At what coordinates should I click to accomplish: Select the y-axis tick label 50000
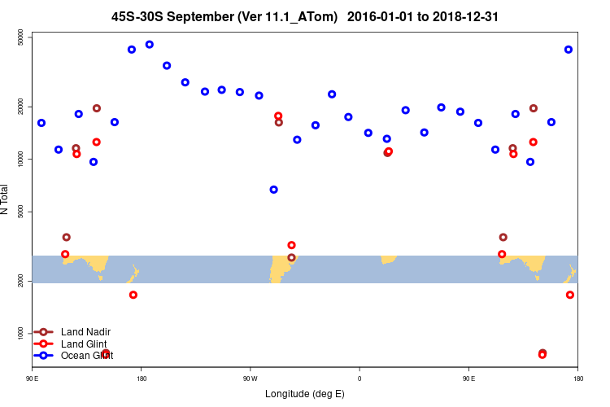pyautogui.click(x=20, y=37)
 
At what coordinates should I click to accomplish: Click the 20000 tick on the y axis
pyautogui.click(x=20, y=107)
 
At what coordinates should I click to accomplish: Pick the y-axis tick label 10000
pyautogui.click(x=20, y=160)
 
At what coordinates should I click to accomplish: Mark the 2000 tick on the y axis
pyautogui.click(x=20, y=281)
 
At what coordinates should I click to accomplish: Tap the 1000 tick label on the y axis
pyautogui.click(x=20, y=333)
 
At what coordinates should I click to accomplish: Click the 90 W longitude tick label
pyautogui.click(x=250, y=379)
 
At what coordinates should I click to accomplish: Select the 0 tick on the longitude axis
pyautogui.click(x=359, y=379)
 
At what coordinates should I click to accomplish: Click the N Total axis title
pyautogui.click(x=6, y=199)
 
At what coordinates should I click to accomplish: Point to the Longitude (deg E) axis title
pyautogui.click(x=305, y=394)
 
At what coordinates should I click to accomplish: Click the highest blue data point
pyautogui.click(x=150, y=44)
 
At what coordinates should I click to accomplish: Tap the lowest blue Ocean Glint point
pyautogui.click(x=274, y=190)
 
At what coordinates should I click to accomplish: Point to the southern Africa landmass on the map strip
pyautogui.click(x=388, y=259)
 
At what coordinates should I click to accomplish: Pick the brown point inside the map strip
pyautogui.click(x=291, y=258)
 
